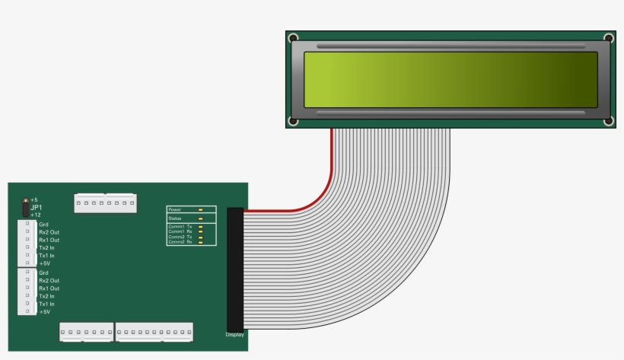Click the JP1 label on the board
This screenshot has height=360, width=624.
point(36,207)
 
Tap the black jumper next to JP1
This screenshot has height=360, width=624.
point(25,207)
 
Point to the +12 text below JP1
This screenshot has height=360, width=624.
point(35,215)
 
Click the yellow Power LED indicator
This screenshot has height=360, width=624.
point(200,209)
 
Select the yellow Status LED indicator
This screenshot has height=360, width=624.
point(200,218)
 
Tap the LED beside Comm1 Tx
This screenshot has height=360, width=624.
point(200,227)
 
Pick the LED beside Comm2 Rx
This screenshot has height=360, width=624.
point(200,242)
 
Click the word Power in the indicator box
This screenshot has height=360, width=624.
point(175,209)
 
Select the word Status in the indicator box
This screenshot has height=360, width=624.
point(175,218)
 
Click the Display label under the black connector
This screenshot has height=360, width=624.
point(234,334)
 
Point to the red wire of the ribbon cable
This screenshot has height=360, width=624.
point(320,194)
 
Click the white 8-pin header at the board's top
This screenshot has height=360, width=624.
point(105,202)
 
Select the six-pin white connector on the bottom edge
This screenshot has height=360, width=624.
point(86,332)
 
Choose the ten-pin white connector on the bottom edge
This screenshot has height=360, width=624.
point(154,332)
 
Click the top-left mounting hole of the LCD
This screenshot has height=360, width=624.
point(293,38)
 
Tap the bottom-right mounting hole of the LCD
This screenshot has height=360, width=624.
point(608,122)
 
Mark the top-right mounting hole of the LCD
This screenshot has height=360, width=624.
point(608,38)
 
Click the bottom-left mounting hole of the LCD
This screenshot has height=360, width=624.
point(293,122)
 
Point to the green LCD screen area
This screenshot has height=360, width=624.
point(450,80)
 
